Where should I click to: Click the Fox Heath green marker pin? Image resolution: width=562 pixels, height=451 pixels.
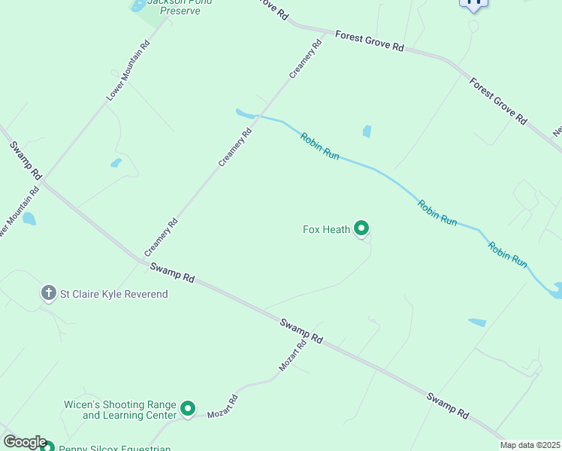point(361,228)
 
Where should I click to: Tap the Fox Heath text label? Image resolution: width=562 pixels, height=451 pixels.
point(326,229)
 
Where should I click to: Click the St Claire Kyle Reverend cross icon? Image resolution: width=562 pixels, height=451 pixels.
point(49,292)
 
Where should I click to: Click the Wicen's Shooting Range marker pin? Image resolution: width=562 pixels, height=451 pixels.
point(188,409)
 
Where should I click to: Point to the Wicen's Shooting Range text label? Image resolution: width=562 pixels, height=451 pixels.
point(120,410)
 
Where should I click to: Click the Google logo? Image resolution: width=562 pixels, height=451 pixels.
point(24,443)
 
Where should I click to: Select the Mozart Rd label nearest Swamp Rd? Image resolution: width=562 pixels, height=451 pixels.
point(293,356)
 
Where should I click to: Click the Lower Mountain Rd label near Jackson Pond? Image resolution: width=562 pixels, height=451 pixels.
point(128,71)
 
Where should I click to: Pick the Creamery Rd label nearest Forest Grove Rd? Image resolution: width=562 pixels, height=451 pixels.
point(307,59)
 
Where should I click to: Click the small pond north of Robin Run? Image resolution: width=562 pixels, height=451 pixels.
point(367,132)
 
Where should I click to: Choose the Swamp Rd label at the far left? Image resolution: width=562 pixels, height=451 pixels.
point(25,159)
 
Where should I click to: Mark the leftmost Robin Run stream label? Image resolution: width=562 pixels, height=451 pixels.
point(320,146)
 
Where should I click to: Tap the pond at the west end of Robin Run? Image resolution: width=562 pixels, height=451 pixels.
point(244,114)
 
